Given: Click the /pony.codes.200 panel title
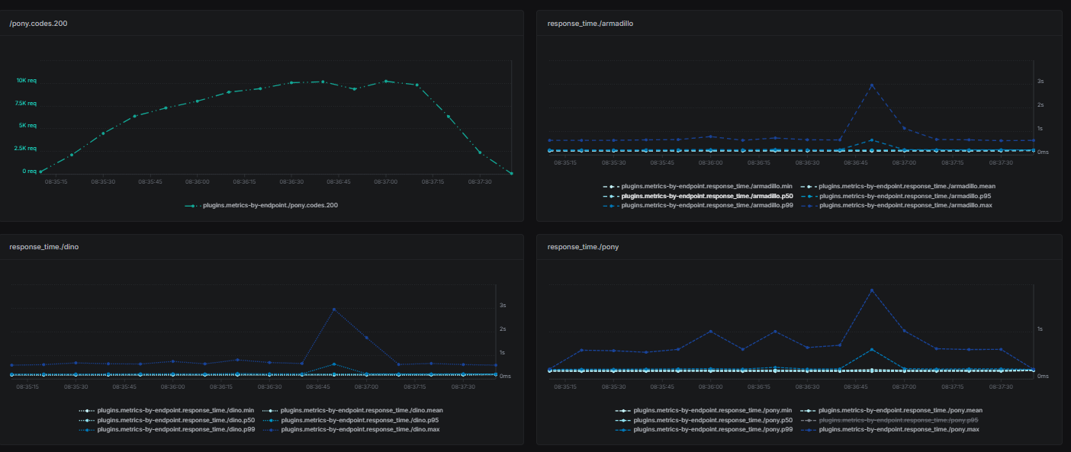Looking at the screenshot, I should [38, 23].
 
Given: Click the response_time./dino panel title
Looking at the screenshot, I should [43, 247].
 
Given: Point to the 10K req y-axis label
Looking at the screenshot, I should [27, 80].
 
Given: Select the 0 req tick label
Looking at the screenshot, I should [29, 171].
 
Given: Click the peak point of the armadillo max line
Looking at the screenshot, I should [872, 85].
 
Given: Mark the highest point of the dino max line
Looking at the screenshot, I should [333, 309].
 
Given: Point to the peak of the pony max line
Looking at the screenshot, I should [872, 290].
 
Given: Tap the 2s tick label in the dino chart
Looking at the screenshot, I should [503, 329].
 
